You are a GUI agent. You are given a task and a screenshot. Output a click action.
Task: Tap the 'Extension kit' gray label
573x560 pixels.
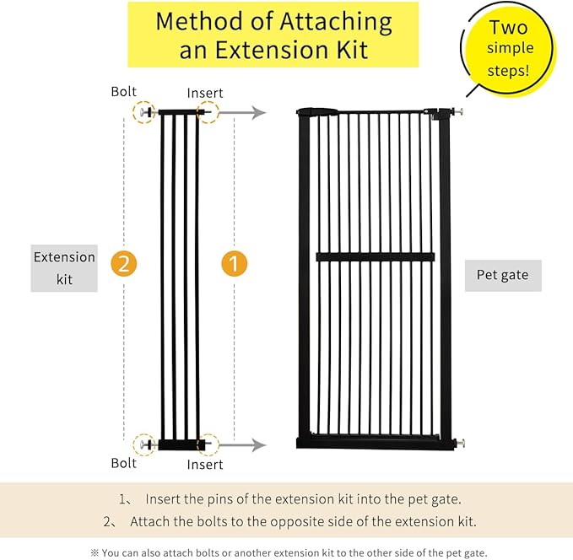tap(64, 268)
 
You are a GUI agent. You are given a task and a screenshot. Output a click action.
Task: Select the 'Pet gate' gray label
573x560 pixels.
tap(502, 275)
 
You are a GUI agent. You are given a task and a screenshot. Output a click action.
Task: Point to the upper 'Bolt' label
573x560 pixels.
tap(123, 90)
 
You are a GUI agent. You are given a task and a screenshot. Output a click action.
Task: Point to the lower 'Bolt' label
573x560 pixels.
tap(123, 463)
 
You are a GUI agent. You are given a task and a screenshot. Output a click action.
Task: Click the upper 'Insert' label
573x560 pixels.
tap(205, 92)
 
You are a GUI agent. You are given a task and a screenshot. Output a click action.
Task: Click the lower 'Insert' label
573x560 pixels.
tap(205, 464)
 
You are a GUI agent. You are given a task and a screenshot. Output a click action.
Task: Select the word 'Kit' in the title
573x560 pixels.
tap(350, 50)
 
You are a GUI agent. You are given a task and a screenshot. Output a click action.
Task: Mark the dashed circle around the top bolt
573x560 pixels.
tap(145, 112)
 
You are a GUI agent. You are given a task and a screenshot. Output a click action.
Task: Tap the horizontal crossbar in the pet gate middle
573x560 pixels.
tap(375, 257)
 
